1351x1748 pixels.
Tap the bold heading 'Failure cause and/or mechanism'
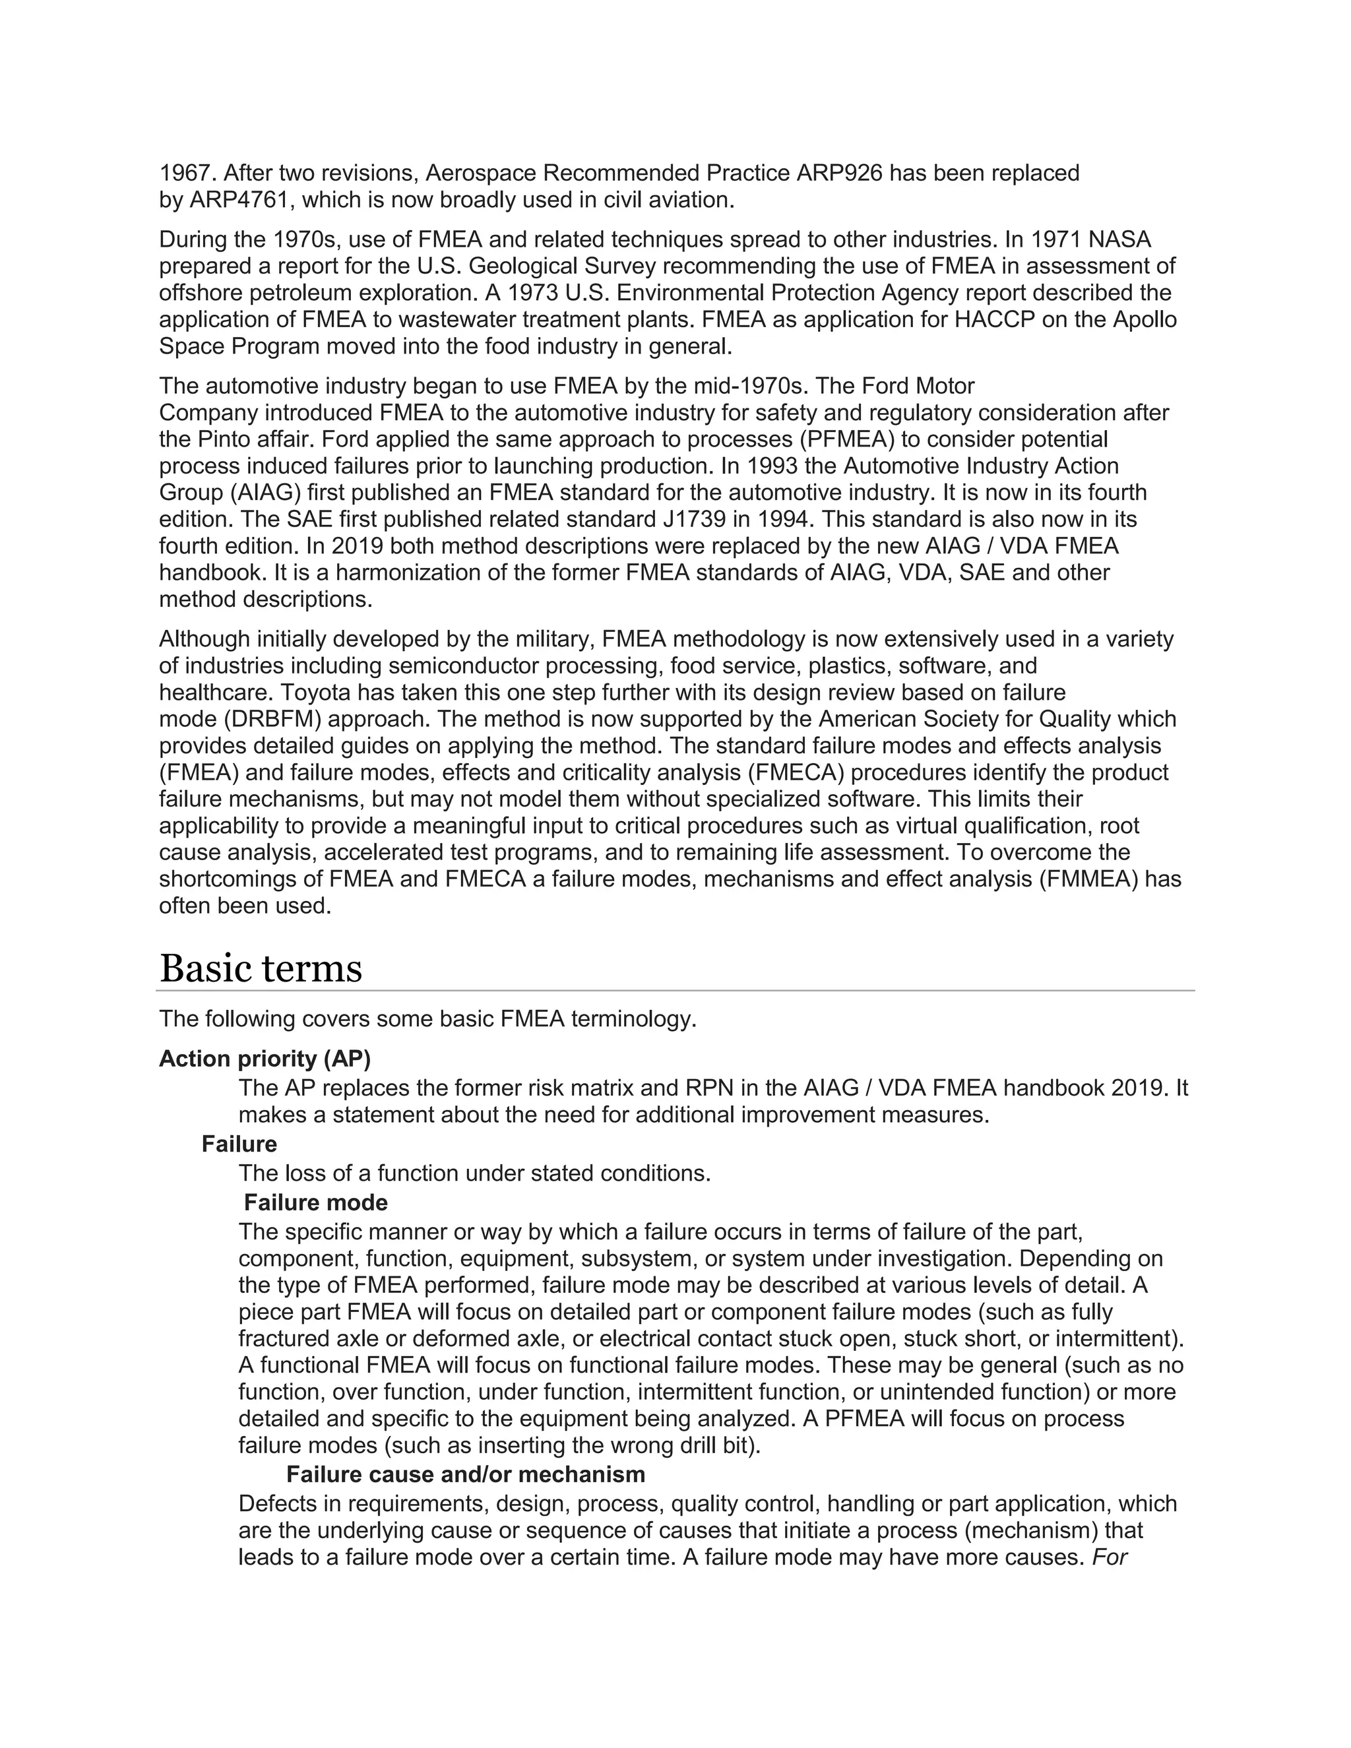(465, 1474)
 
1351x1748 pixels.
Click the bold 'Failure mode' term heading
(315, 1203)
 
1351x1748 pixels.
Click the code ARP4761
(239, 200)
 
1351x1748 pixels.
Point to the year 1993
(809, 466)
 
